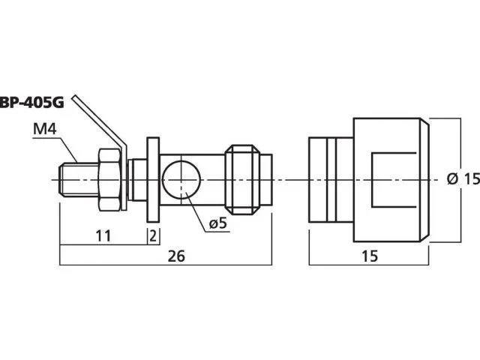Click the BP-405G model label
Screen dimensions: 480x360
click(31, 103)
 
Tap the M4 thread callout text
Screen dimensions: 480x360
click(45, 129)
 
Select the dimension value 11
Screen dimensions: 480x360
click(103, 235)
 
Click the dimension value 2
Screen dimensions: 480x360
click(153, 235)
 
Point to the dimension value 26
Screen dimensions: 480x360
click(176, 256)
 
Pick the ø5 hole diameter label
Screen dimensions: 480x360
click(218, 223)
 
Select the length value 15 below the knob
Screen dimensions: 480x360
click(370, 256)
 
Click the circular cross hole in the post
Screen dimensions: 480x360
click(181, 180)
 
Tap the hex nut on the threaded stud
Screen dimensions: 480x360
click(109, 180)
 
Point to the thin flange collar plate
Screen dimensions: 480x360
click(153, 180)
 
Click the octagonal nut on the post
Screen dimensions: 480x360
click(243, 180)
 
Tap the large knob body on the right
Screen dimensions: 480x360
click(391, 180)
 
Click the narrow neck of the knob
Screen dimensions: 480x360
click(331, 180)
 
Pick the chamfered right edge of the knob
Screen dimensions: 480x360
click(424, 180)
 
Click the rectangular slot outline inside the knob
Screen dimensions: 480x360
click(394, 180)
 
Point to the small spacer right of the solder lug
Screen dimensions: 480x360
click(137, 180)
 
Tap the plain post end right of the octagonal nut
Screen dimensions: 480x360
click(266, 180)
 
